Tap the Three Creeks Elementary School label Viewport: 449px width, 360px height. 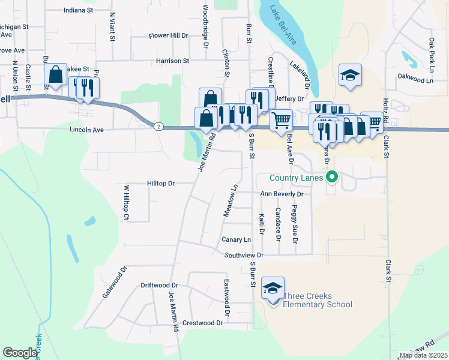click(317, 300)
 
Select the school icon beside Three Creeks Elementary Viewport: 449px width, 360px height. click(273, 289)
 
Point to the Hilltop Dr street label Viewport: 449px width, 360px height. click(160, 183)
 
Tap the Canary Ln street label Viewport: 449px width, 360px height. click(236, 239)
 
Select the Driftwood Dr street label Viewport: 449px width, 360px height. click(159, 286)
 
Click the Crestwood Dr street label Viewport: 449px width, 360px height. click(202, 323)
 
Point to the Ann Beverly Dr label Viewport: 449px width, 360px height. click(282, 194)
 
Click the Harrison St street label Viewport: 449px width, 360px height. click(172, 61)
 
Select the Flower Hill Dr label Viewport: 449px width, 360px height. click(169, 36)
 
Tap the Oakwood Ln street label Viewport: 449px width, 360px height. click(415, 79)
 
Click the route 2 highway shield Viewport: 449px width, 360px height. click(158, 126)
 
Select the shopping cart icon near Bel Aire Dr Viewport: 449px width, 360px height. click(281, 120)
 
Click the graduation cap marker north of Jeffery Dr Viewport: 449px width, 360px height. click(350, 76)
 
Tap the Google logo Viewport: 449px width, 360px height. click(19, 353)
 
